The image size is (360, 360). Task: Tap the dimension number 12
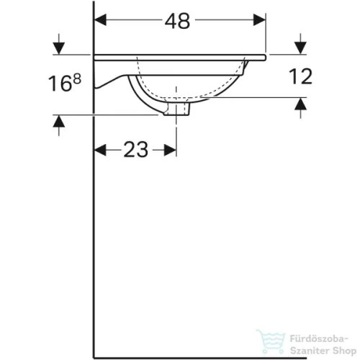(x=302, y=76)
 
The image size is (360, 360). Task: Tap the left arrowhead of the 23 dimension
(x=102, y=150)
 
